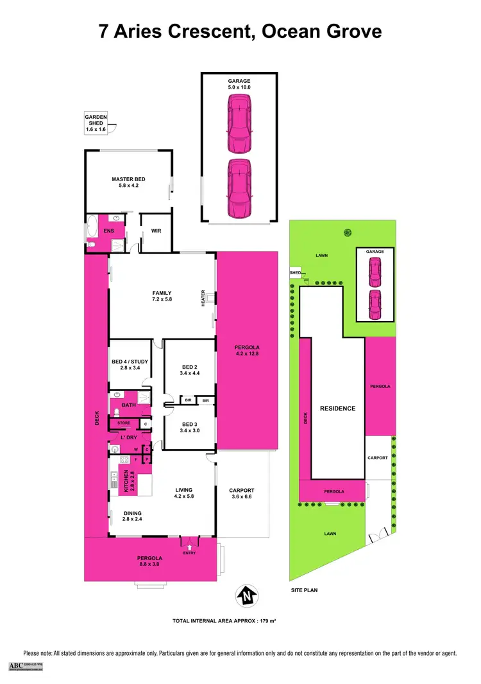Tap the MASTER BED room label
(126, 183)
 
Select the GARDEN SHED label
(96, 123)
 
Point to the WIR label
(156, 231)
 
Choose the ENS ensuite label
(109, 230)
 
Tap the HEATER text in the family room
(203, 299)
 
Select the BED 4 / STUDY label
(130, 365)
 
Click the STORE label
(123, 423)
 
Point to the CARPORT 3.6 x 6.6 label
(242, 493)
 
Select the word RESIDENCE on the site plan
(337, 408)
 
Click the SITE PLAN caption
(304, 590)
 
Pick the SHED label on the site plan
(295, 272)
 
